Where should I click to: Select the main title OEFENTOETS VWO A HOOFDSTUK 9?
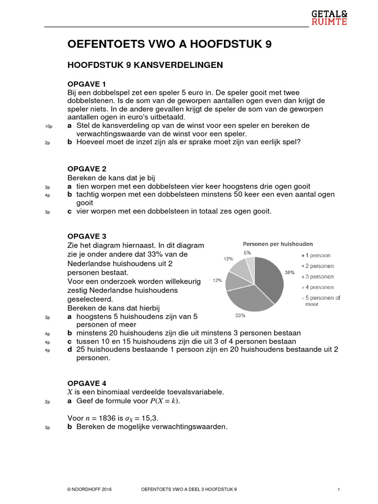click(169, 45)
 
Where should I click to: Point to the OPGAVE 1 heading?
click(87, 84)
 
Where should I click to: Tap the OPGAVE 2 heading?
click(87, 169)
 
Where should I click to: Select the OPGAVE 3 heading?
click(87, 236)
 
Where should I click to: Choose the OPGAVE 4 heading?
click(87, 383)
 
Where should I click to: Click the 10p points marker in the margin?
click(48, 126)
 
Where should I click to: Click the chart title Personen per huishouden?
click(278, 244)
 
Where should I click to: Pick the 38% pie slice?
click(269, 278)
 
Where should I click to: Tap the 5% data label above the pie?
click(248, 252)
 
